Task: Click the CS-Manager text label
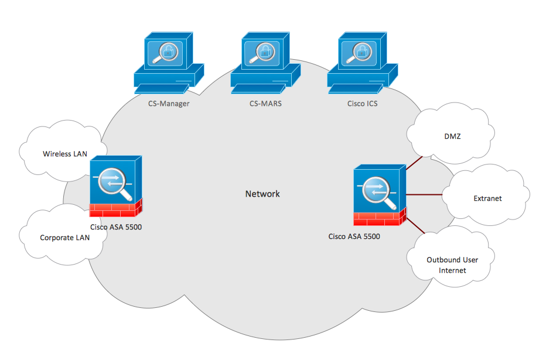point(169,104)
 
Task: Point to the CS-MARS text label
point(266,104)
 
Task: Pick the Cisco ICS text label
point(362,104)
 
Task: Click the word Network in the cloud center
point(262,194)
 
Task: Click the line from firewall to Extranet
point(425,194)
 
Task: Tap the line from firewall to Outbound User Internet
point(415,225)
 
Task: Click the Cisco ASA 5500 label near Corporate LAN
point(116,227)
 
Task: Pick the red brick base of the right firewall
point(379,219)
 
